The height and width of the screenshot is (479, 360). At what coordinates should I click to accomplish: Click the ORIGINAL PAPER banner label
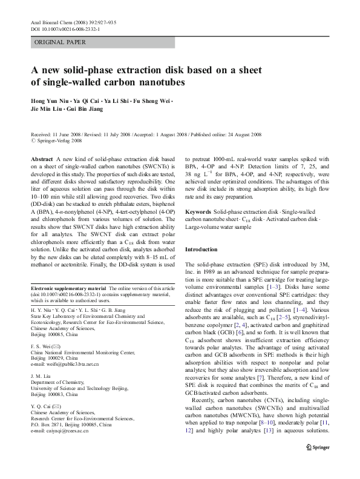(x=61, y=42)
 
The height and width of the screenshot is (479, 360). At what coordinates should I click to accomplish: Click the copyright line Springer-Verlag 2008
(x=56, y=140)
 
